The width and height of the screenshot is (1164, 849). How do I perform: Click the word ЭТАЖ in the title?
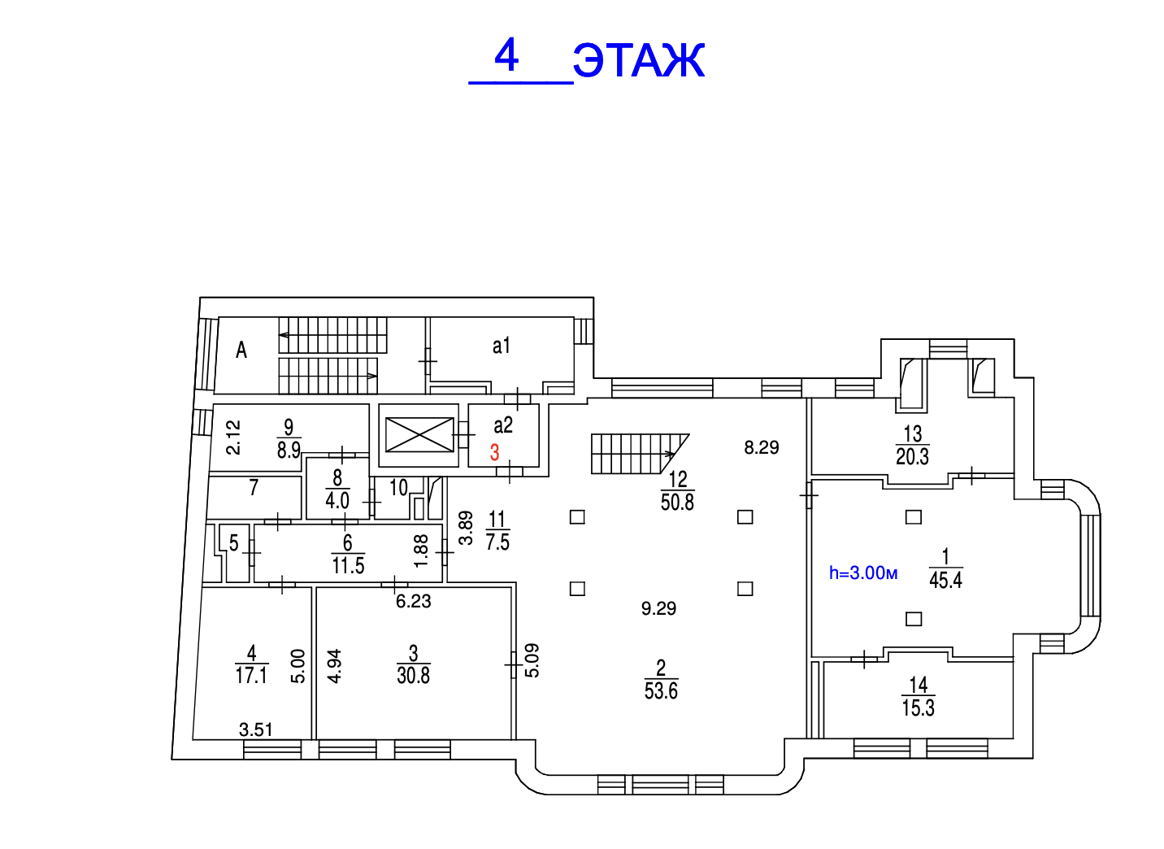click(639, 61)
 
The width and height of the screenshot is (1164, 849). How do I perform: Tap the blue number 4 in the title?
click(506, 56)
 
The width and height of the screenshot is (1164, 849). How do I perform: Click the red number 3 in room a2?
click(495, 452)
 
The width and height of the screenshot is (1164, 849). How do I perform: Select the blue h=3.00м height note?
click(863, 573)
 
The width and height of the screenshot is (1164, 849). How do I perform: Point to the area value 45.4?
click(945, 580)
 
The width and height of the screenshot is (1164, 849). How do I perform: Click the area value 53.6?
click(661, 691)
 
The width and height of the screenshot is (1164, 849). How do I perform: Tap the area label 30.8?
click(413, 675)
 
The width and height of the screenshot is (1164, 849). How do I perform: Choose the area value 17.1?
click(251, 675)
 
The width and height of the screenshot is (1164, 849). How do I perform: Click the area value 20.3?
click(912, 456)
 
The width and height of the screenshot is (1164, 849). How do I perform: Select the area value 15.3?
click(918, 707)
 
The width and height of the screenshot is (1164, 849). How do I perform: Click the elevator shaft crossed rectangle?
click(419, 435)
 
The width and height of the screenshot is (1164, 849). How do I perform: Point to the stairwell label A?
click(241, 350)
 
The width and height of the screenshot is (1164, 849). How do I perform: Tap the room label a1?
click(502, 346)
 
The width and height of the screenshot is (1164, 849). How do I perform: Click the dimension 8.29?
click(762, 447)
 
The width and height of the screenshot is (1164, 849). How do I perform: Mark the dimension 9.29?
click(658, 608)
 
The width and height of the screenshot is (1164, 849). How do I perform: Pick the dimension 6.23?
click(413, 602)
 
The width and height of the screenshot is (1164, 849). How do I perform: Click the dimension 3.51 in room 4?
click(256, 729)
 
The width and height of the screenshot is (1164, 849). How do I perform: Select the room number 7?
click(254, 487)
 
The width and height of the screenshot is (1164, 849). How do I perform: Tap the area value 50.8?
click(677, 502)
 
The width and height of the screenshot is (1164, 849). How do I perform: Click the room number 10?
click(398, 487)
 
